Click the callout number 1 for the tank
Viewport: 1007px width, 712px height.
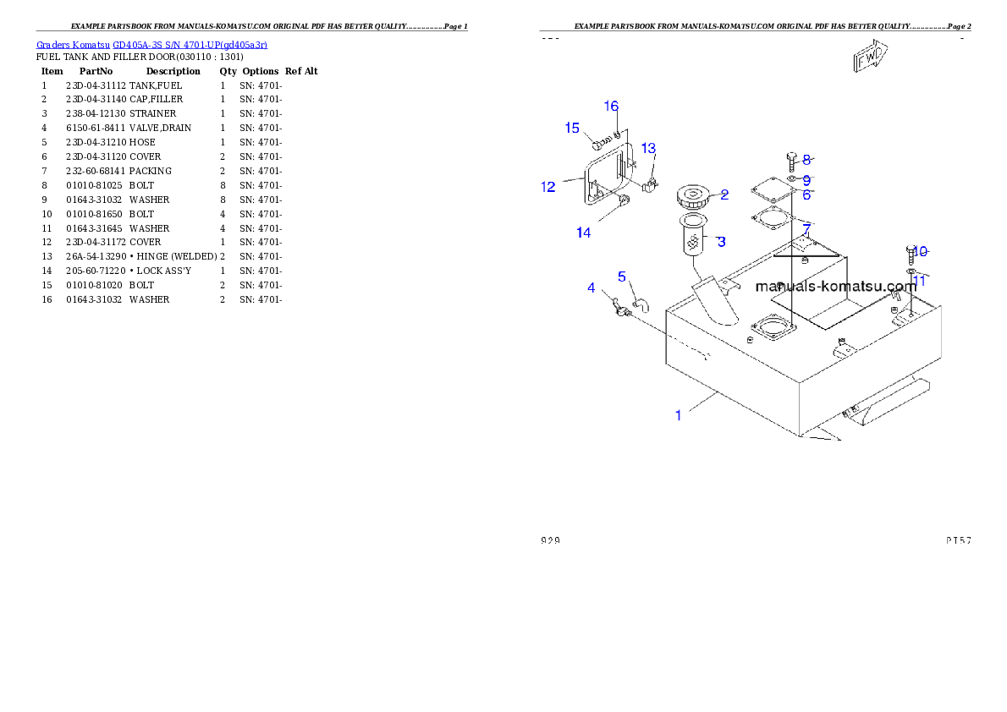pos(678,414)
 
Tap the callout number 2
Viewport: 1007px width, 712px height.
pos(724,194)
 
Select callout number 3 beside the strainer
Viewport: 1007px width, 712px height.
pos(721,242)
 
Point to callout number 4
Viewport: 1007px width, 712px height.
pos(592,288)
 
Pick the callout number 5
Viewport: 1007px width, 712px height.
pos(622,277)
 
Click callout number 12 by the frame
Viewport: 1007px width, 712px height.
pos(549,187)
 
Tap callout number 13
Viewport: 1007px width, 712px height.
pos(648,149)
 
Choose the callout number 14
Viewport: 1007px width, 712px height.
pos(584,233)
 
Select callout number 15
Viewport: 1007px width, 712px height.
pos(573,129)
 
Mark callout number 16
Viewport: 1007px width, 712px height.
pos(611,107)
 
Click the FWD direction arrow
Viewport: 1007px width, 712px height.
pos(870,58)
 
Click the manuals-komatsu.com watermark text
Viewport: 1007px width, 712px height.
pos(835,286)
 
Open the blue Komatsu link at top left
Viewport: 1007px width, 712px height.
pos(152,45)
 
